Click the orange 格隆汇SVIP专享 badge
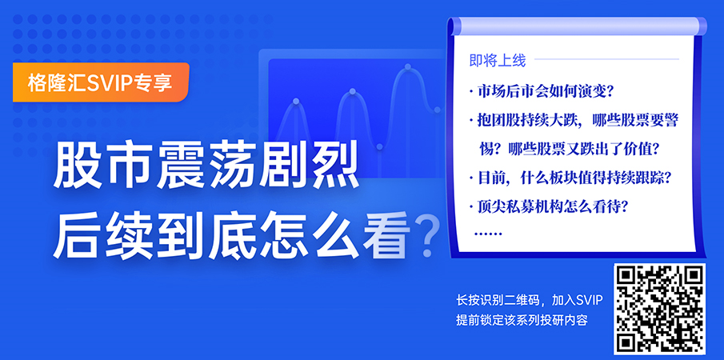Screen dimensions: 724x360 pos(101,82)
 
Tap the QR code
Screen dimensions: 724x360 pos(660,309)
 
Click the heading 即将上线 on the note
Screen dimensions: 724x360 pos(498,61)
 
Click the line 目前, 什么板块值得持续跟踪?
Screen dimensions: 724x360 pos(570,178)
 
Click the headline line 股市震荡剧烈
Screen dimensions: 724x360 pos(206,166)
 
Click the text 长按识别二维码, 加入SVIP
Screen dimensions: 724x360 pos(529,301)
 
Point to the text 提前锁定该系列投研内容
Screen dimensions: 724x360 pos(522,320)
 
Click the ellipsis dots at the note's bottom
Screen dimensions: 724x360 pos(487,234)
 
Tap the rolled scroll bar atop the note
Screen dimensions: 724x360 pos(577,26)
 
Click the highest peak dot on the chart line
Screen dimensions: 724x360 pos(408,66)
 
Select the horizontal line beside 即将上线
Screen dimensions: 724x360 pos(606,59)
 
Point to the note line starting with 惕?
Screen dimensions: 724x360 pos(570,149)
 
